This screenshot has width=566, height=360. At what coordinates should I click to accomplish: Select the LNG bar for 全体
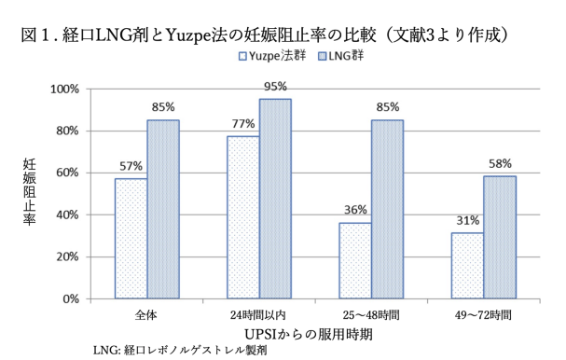162,209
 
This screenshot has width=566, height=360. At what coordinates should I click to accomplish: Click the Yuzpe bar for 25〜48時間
355,261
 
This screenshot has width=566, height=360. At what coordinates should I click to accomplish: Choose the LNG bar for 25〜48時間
387,209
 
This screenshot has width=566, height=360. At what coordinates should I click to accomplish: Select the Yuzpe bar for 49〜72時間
467,266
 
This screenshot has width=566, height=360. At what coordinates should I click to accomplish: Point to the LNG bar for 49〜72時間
499,238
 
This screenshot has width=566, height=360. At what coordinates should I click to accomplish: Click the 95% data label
275,88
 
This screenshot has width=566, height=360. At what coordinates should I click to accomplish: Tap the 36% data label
355,212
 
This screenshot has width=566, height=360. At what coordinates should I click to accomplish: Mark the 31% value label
467,222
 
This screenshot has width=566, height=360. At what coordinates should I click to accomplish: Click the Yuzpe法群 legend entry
270,57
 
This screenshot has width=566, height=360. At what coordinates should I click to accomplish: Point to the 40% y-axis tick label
70,215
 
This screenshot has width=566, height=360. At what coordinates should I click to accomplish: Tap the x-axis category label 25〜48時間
370,314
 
